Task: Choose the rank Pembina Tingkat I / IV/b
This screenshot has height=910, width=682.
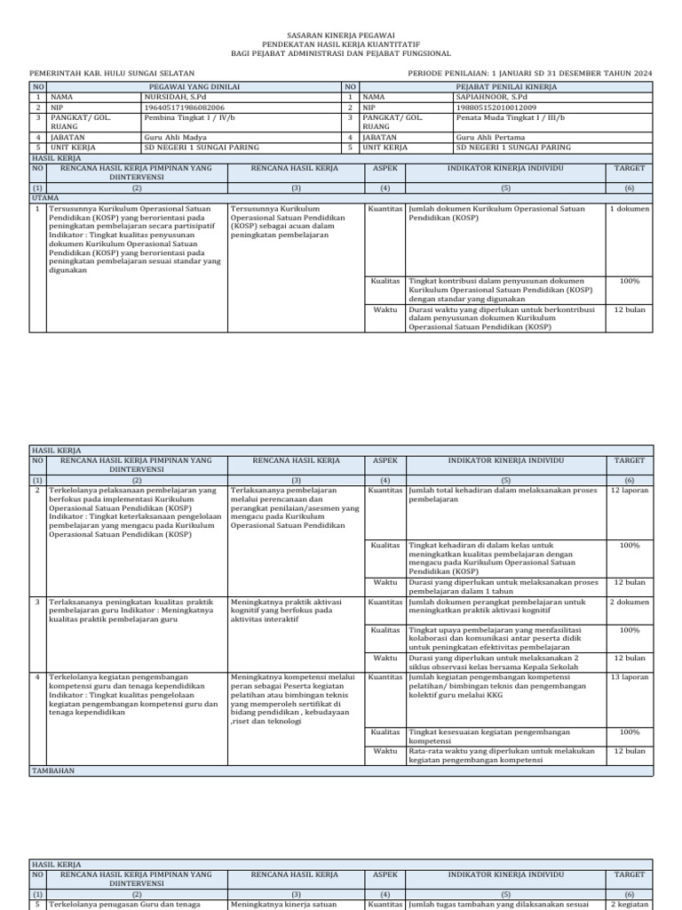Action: click(x=189, y=117)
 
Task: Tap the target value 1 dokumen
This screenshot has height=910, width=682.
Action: click(x=629, y=209)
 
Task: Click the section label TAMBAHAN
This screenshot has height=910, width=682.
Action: click(x=53, y=771)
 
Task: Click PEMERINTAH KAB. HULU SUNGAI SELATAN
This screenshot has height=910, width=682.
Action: click(x=113, y=72)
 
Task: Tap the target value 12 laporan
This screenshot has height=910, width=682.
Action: click(x=629, y=490)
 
